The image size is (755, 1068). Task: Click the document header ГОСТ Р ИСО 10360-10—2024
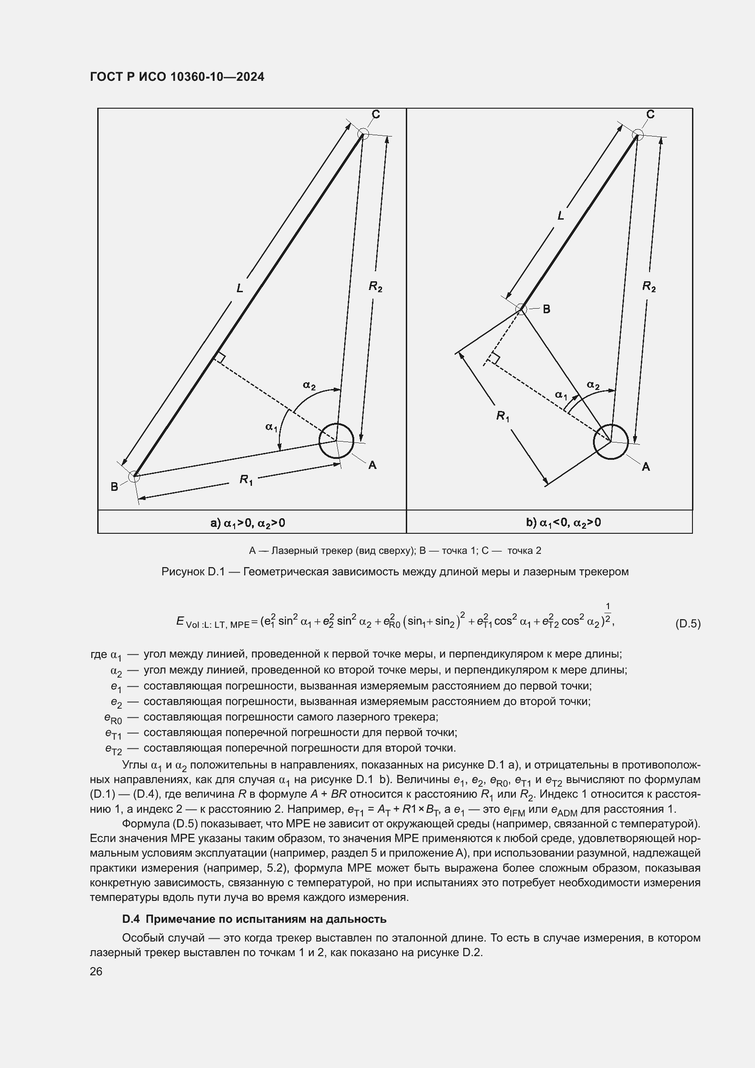pos(177,77)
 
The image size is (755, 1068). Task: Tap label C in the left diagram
pos(376,115)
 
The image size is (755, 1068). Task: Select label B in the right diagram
pos(547,309)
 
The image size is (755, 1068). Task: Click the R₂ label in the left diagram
pos(375,287)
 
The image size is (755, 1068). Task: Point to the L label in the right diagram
pos(561,216)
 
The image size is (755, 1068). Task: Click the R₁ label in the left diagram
pos(246,479)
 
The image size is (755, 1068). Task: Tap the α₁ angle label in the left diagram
pos(271,426)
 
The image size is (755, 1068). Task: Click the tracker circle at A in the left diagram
pos(336,441)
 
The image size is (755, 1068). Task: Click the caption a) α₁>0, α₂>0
pos(248,523)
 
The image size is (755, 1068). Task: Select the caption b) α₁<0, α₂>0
pos(563,523)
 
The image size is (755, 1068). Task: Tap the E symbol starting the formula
pos(180,621)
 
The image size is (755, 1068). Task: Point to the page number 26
pos(96,971)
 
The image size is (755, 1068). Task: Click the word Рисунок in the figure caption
pos(182,572)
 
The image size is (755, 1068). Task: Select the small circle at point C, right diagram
pos(638,135)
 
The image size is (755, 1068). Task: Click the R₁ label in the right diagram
pos(502,416)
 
